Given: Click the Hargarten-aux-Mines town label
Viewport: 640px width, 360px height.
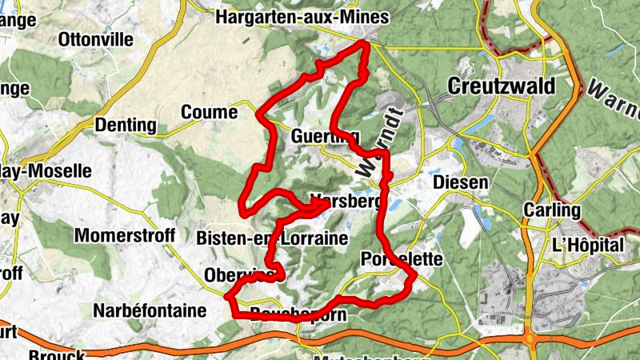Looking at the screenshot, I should click(302, 17).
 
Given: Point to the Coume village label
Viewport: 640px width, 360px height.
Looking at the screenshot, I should click(210, 113).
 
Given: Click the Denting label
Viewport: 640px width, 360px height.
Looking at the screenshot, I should click(126, 125).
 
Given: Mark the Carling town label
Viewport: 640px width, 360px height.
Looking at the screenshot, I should click(550, 210).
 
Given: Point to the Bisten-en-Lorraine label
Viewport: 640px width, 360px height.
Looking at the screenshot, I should click(272, 238).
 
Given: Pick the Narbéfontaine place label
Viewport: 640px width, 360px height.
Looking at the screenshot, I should click(156, 309).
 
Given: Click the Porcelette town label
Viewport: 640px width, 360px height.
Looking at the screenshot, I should click(402, 259).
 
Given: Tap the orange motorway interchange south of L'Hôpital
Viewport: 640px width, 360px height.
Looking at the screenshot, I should click(530, 342).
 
